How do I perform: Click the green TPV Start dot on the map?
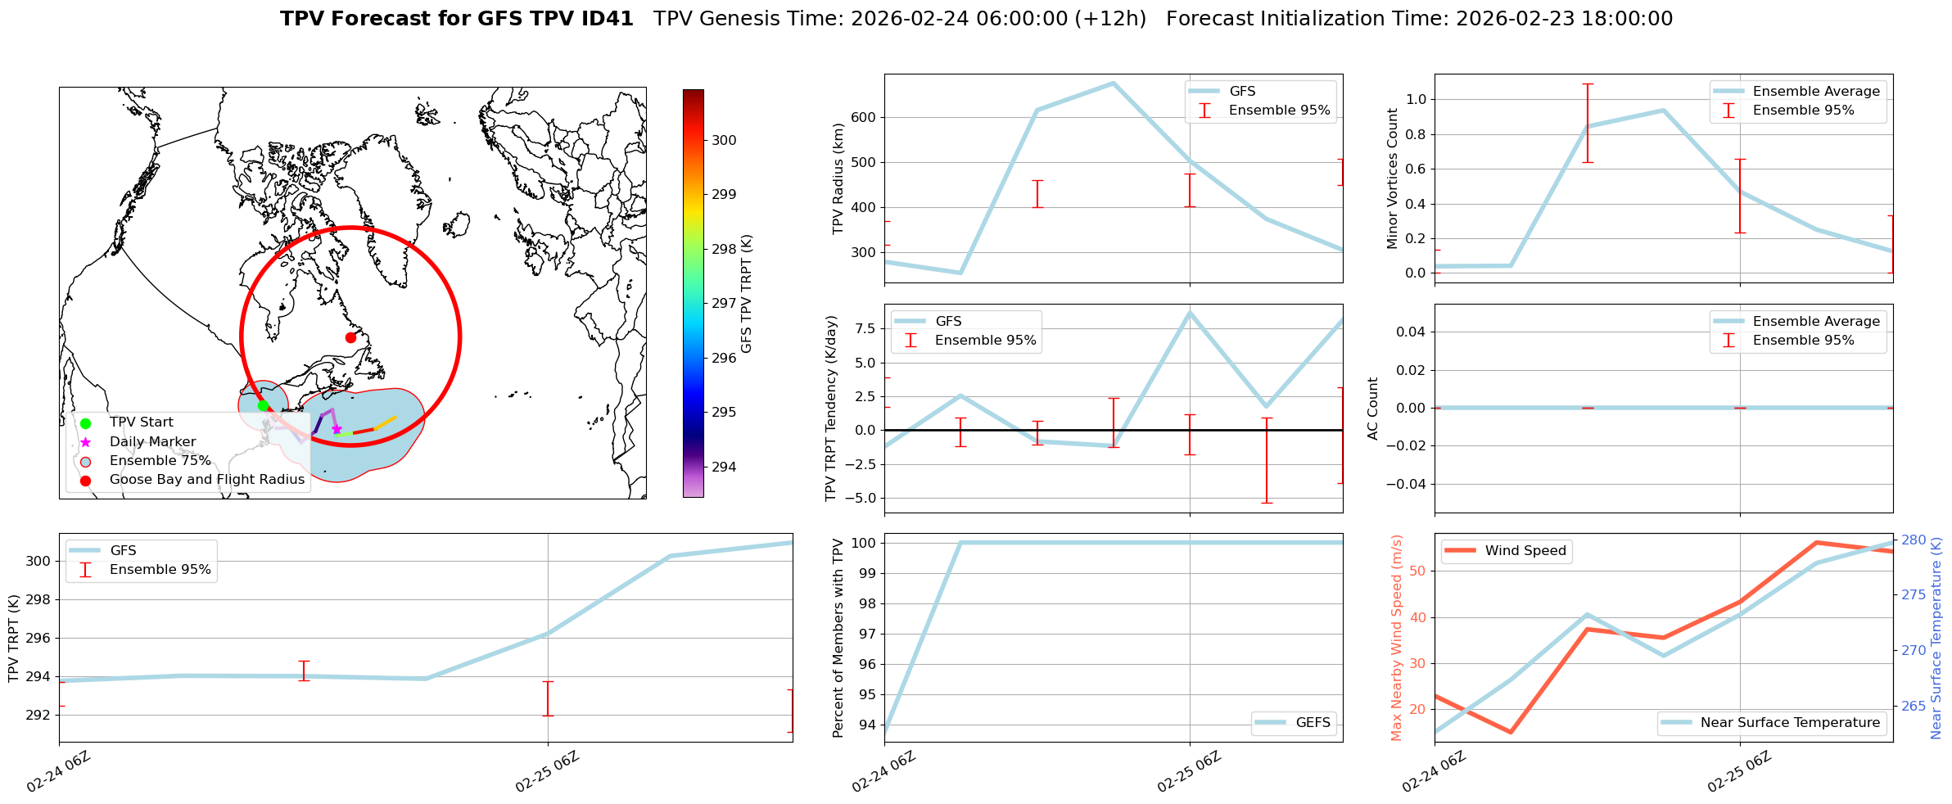point(263,405)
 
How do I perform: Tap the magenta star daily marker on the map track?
point(337,429)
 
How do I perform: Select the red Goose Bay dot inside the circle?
point(350,337)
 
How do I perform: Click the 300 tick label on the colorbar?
point(724,140)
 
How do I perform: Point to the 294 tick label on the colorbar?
point(724,467)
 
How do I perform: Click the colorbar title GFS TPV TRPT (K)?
point(746,294)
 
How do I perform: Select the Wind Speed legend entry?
point(1525,551)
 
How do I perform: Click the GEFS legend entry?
point(1313,723)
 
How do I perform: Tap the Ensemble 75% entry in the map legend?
point(160,461)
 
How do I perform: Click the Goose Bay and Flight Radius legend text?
point(206,480)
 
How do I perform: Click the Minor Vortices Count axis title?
point(1393,178)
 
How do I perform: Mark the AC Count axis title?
point(1373,409)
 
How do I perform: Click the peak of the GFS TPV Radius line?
point(1112,83)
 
